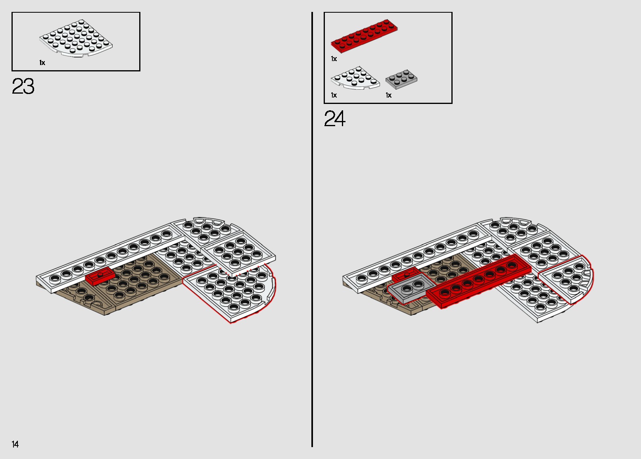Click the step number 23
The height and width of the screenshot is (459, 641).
[23, 86]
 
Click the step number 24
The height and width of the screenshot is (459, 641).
[334, 119]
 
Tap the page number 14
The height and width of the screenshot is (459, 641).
[15, 444]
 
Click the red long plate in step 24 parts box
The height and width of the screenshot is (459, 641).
[364, 36]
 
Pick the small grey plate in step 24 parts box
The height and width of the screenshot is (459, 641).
[401, 79]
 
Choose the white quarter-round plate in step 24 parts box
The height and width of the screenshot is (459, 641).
[355, 78]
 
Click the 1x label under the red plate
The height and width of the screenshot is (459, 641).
[334, 59]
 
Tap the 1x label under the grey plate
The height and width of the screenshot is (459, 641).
[389, 95]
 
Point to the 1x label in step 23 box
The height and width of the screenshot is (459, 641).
[42, 63]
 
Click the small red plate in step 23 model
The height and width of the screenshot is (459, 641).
[100, 277]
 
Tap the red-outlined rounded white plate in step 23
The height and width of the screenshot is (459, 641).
[234, 294]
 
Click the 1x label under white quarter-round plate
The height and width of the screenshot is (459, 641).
[334, 95]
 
